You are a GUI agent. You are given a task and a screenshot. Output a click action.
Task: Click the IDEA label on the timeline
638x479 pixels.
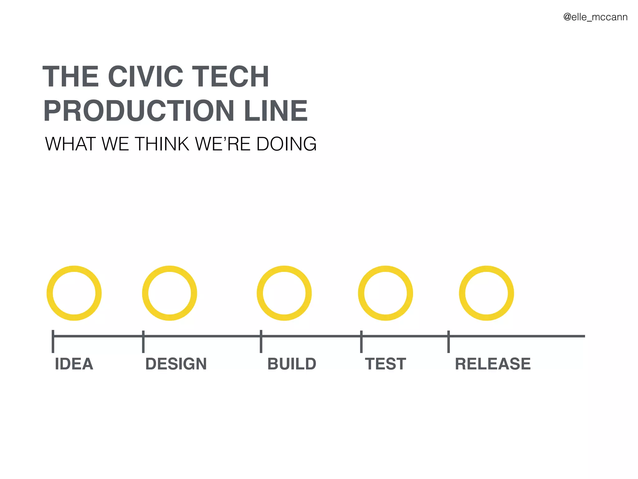click(x=74, y=364)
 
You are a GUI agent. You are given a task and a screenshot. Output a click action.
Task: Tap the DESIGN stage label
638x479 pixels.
click(x=176, y=364)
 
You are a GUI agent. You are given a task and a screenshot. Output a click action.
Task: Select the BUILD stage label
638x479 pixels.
click(x=292, y=364)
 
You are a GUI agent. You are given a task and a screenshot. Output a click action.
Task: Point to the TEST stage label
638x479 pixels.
click(x=385, y=364)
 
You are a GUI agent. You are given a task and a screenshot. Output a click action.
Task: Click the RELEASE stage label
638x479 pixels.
click(x=493, y=364)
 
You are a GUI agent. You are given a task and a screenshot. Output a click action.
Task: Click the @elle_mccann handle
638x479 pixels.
click(x=595, y=17)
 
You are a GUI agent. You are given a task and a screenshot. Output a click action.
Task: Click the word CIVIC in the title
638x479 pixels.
click(x=145, y=77)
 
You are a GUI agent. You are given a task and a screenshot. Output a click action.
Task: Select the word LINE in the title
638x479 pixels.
click(x=276, y=111)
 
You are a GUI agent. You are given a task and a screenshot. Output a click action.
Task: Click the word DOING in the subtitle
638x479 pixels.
click(x=286, y=144)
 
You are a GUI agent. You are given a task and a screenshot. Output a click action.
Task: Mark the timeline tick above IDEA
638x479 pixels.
click(x=53, y=341)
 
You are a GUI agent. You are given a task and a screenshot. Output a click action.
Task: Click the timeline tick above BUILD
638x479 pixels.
click(x=261, y=341)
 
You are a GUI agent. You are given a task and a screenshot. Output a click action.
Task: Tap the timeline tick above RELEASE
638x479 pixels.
click(x=449, y=341)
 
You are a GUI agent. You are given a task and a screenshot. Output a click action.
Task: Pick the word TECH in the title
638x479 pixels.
click(x=230, y=77)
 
